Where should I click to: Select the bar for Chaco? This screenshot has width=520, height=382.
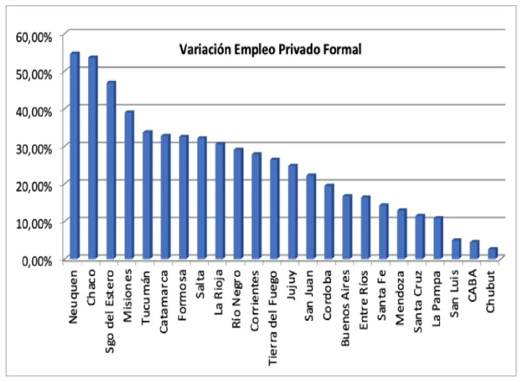92,158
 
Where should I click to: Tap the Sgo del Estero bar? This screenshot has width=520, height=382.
111,171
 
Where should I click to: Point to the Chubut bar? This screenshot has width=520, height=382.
492,254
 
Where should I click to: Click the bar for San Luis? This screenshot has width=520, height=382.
455,250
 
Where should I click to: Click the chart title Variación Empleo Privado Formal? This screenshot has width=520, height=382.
271,49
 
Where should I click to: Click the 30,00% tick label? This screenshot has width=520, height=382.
34,148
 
